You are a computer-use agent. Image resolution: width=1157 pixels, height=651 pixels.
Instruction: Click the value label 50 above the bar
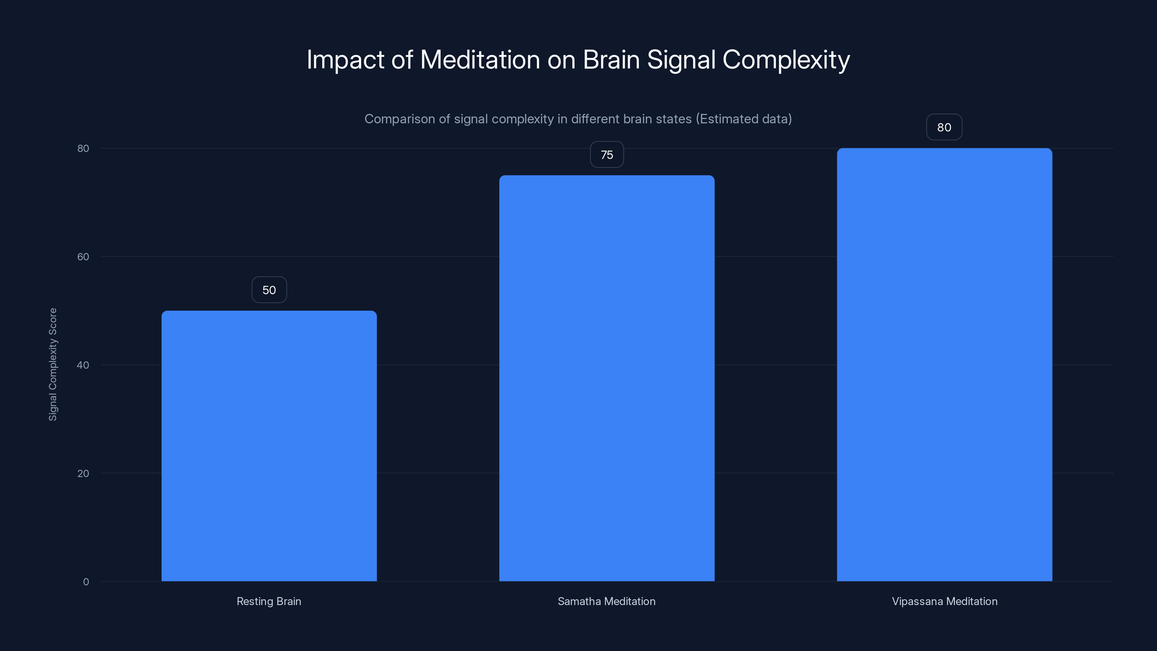tap(269, 290)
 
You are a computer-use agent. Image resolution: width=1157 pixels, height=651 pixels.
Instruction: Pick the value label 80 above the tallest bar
tap(944, 128)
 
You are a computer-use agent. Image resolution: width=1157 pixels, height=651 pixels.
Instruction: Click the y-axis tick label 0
tap(86, 582)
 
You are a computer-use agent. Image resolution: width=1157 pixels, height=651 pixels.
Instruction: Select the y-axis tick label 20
tap(83, 473)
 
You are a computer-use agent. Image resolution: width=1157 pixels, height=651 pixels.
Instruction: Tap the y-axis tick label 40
tap(83, 365)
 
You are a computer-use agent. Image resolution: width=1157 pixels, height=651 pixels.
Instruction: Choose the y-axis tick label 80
tap(83, 149)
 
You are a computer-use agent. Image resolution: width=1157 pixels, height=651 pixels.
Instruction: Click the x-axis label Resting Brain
tap(269, 601)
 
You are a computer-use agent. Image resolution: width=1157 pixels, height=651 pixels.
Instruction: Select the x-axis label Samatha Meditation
tap(607, 601)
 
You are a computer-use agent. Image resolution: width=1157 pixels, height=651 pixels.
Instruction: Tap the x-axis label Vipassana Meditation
tap(944, 601)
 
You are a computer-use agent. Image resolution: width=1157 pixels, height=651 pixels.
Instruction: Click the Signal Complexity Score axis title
tap(53, 364)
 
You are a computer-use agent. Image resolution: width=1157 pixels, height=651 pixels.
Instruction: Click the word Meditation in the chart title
tap(480, 60)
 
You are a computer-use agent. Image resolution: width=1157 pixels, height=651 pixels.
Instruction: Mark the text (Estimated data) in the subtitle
tap(744, 119)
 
